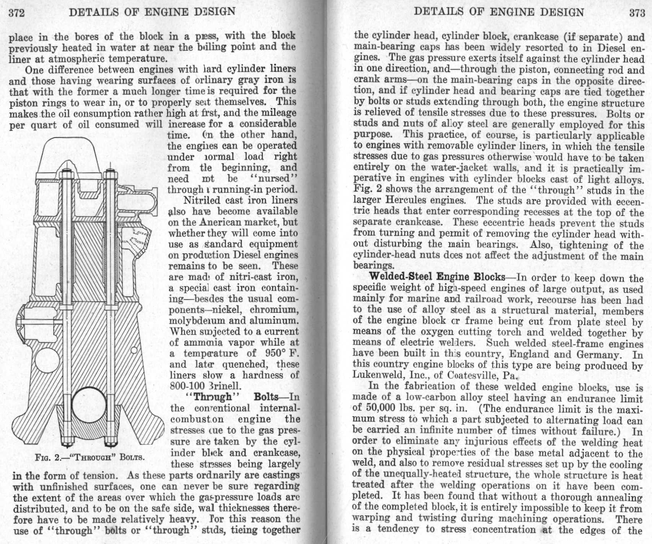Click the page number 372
tap(16, 13)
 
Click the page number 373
tap(637, 13)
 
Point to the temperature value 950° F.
tap(282, 353)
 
